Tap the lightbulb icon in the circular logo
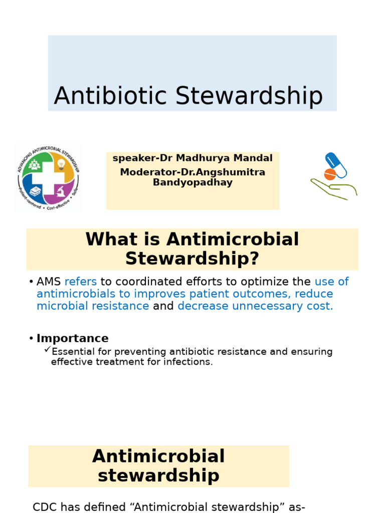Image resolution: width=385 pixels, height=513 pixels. [61, 164]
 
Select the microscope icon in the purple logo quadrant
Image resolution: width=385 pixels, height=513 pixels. [60, 191]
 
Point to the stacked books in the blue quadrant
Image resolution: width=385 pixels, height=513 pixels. [36, 191]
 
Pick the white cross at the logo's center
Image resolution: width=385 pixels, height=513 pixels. [48, 178]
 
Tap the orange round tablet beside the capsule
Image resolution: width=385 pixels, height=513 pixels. [330, 174]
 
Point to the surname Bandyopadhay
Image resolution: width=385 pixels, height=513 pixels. [192, 182]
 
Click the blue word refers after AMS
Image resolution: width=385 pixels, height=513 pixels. [81, 282]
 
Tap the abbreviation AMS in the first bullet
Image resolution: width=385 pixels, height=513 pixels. [49, 282]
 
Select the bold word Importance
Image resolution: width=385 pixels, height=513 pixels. [72, 338]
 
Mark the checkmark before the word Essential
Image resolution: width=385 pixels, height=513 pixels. [47, 350]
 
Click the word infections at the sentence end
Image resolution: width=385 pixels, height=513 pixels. [188, 362]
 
